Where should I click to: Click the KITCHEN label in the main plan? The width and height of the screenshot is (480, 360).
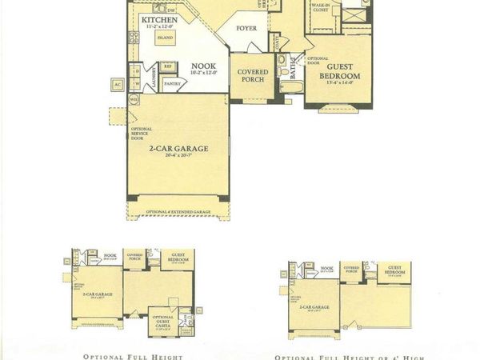(x=158, y=19)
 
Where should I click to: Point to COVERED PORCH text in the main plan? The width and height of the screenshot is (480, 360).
(x=253, y=75)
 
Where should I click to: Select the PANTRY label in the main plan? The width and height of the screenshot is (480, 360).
(x=170, y=82)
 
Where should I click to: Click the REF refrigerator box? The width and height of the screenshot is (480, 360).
(x=169, y=66)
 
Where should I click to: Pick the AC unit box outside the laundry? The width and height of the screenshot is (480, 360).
(x=118, y=83)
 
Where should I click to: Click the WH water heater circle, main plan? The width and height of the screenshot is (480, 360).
(x=134, y=99)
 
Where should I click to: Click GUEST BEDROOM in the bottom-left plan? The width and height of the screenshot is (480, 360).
(x=175, y=259)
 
